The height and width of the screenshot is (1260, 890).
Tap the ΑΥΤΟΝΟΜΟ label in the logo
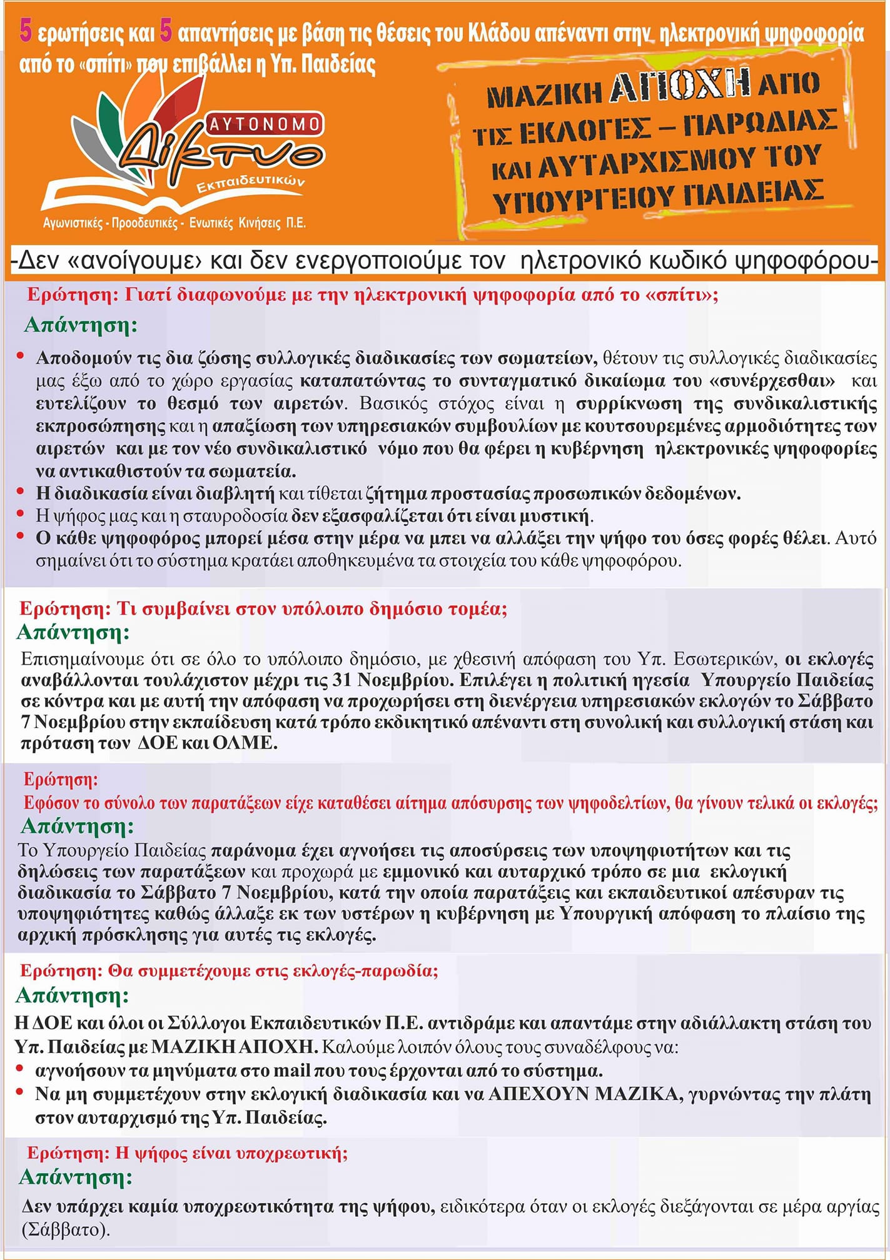click(265, 124)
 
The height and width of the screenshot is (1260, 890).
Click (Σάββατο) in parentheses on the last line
click(66, 1229)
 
